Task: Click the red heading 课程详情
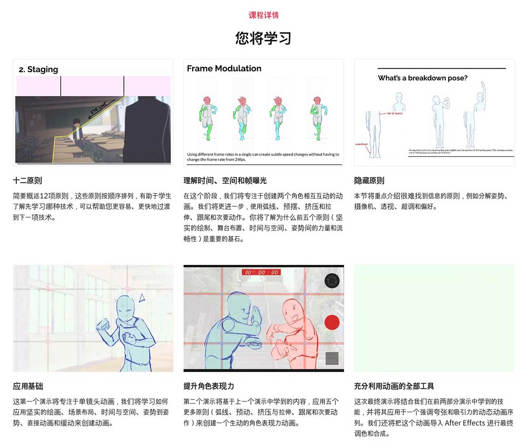point(263,15)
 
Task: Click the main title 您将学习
point(263,38)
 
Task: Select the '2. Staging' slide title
point(38,69)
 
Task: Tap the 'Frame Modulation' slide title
point(224,69)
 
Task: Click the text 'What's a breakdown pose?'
point(423,78)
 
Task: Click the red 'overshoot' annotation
point(362,144)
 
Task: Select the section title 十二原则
point(27,180)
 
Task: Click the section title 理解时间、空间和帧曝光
point(225,180)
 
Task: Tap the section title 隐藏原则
point(369,180)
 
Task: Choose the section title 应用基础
point(28,386)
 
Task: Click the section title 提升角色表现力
point(209,386)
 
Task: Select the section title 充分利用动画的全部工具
point(394,386)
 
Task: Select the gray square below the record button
point(332,358)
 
